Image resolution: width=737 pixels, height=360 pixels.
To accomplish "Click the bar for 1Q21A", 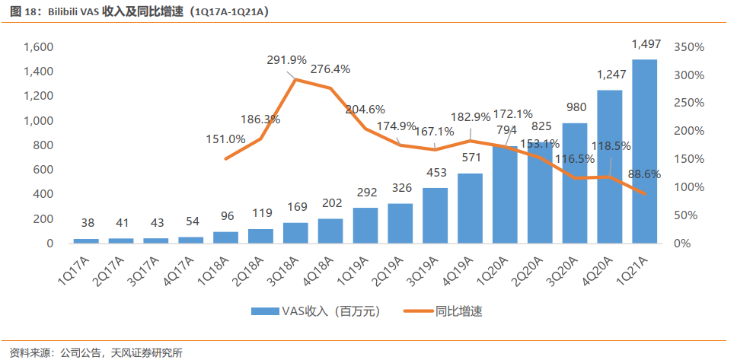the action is [x=644, y=151].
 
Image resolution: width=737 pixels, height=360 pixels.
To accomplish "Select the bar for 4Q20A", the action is [x=609, y=167].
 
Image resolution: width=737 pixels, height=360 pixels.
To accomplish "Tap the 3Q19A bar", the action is [x=435, y=215].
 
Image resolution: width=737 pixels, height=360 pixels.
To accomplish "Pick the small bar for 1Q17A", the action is [x=86, y=241].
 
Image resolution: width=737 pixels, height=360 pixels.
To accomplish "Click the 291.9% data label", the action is [x=286, y=61].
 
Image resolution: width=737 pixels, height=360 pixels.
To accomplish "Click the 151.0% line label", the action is [x=225, y=139].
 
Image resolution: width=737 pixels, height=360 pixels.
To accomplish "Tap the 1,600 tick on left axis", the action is [x=40, y=47].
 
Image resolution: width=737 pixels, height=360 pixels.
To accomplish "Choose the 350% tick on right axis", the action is [x=689, y=47].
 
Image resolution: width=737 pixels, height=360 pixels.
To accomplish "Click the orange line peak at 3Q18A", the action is [x=295, y=79].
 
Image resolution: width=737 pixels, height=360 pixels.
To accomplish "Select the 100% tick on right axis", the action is [x=689, y=187].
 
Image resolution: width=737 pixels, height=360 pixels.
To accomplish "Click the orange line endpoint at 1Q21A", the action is [x=644, y=193].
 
